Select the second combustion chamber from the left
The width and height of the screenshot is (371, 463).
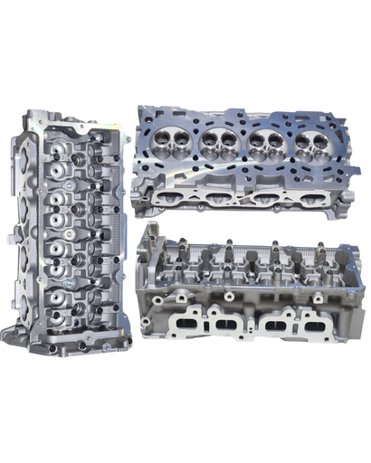pyautogui.click(x=219, y=140)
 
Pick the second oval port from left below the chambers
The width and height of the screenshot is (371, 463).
pyautogui.click(x=216, y=196)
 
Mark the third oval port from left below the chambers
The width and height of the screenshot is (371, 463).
pyautogui.click(x=264, y=198)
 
